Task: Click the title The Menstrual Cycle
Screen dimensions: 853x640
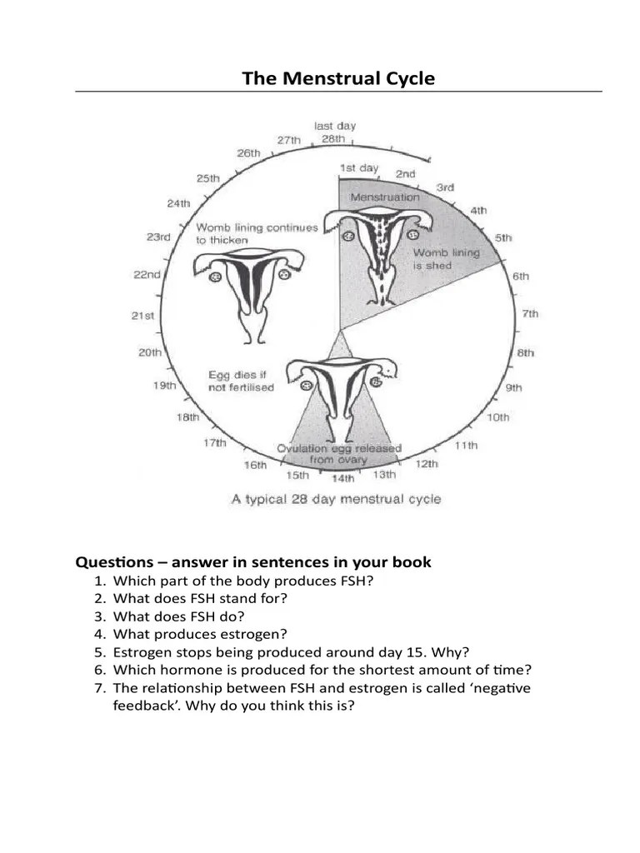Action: click(338, 79)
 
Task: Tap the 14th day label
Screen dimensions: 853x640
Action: click(342, 479)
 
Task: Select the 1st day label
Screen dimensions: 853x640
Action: click(358, 168)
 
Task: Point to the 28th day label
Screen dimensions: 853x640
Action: click(332, 139)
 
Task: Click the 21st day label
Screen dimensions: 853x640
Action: click(143, 316)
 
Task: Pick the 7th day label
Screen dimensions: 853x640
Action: click(530, 314)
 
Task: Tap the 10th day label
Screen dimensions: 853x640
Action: click(497, 417)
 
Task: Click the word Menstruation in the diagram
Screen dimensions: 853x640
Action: click(384, 197)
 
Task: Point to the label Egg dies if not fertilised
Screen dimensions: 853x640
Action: click(241, 382)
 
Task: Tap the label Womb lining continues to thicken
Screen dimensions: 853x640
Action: click(257, 233)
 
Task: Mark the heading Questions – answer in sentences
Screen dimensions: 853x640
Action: click(253, 562)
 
